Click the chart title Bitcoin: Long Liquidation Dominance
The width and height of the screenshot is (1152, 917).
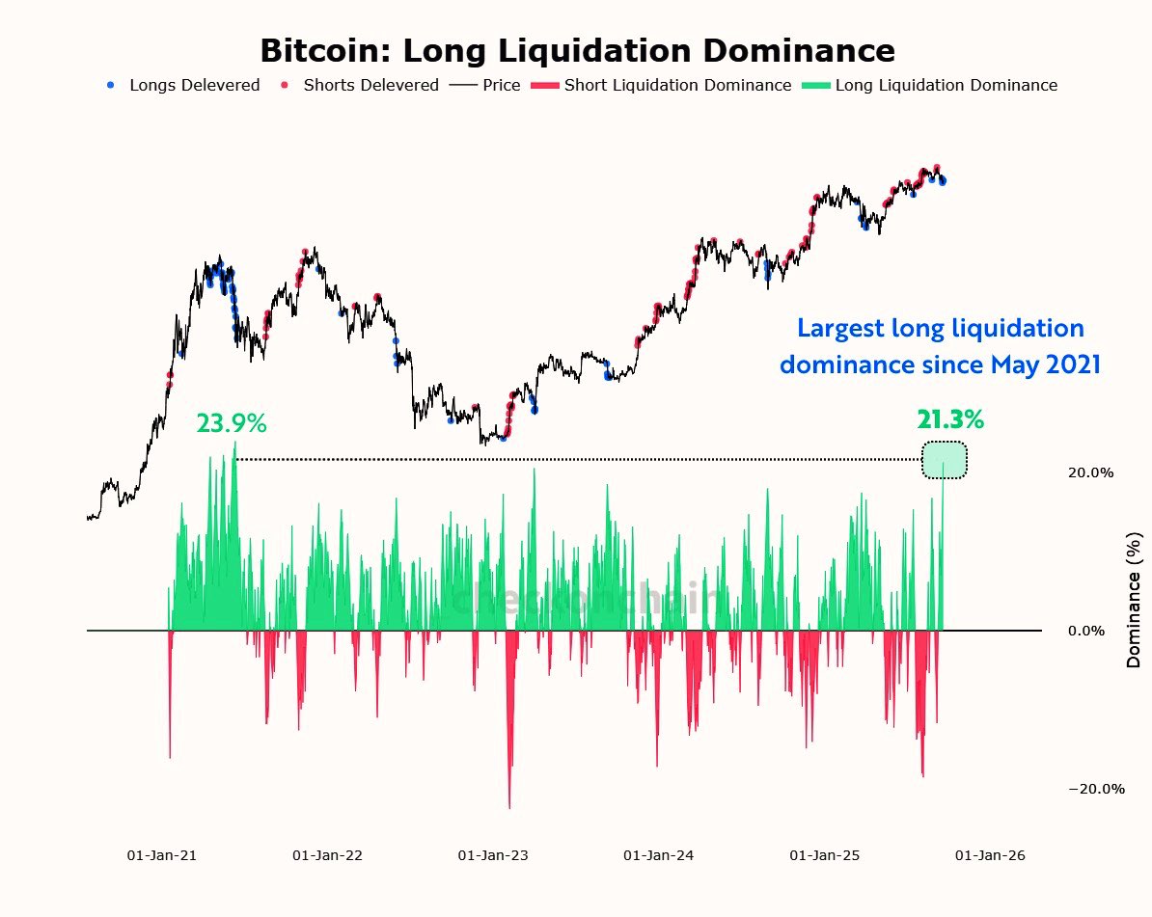point(577,50)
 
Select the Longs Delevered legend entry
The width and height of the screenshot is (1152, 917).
point(183,85)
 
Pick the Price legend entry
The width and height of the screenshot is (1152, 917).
point(487,85)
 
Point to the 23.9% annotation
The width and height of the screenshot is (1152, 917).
point(232,423)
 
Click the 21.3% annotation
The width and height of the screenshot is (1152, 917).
point(950,419)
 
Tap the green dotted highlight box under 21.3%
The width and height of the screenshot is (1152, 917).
point(945,460)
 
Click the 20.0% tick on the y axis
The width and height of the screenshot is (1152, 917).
point(1090,472)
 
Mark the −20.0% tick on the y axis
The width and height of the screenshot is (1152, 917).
point(1096,789)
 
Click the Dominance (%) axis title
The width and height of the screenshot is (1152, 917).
point(1135,599)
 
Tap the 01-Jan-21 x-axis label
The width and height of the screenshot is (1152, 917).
point(161,855)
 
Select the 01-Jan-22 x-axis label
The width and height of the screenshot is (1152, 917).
point(327,855)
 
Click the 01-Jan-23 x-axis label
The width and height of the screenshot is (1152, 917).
point(493,855)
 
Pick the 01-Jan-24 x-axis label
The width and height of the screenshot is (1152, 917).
point(659,855)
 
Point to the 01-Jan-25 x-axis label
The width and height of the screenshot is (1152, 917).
point(825,855)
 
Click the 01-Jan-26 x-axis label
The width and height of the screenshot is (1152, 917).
point(990,855)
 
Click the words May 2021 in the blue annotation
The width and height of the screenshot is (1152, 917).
point(1046,365)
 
